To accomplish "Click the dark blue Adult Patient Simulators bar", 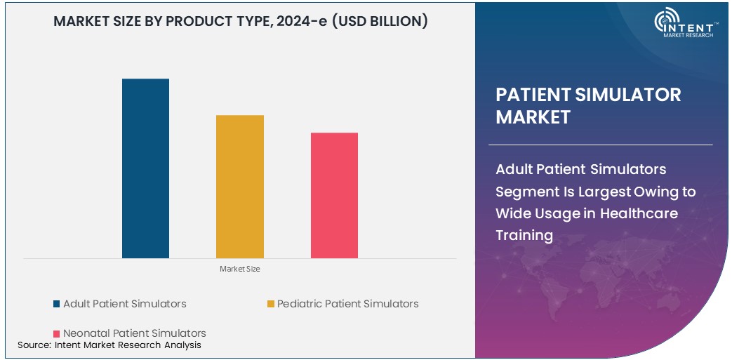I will click(145, 168).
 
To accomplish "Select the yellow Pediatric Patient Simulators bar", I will click(240, 187).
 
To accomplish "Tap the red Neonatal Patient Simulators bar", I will click(334, 195).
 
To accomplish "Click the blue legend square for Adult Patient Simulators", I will click(56, 304).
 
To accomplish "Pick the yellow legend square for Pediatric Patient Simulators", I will click(270, 304).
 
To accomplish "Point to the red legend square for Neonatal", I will click(56, 333).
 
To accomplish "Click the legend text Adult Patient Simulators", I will click(125, 304).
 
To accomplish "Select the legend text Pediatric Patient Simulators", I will click(347, 304).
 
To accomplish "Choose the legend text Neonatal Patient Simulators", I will click(135, 333).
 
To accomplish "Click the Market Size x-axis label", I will click(239, 269).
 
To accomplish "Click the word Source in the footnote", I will click(33, 345).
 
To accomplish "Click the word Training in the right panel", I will click(524, 235).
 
